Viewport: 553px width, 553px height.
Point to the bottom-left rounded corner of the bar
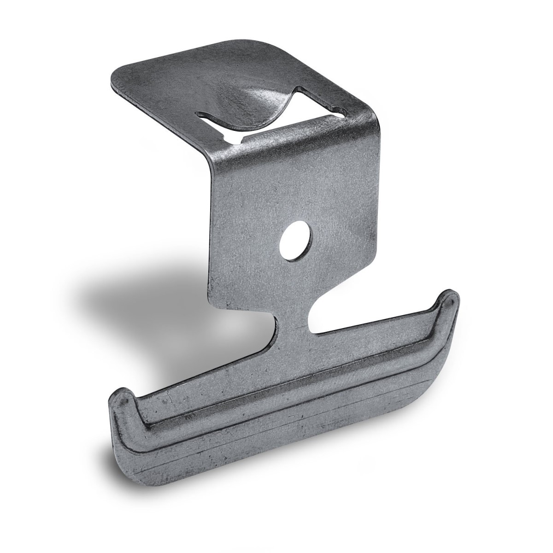click(124, 461)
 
